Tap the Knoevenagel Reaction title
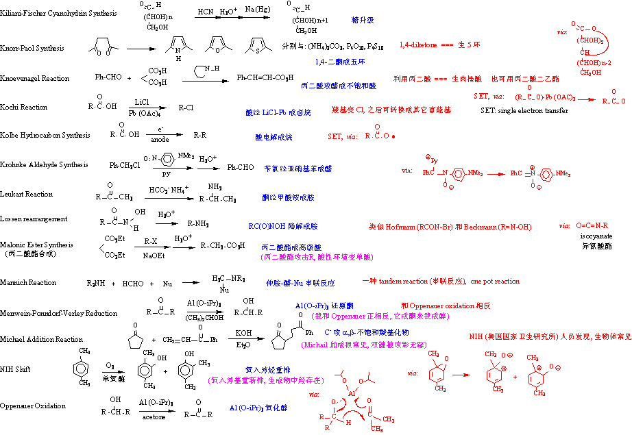pos(35,78)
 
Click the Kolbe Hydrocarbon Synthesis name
pos(45,135)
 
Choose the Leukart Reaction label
pos(27,194)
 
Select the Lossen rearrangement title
pos(34,219)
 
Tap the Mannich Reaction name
pos(28,282)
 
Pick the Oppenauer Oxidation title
pos(34,406)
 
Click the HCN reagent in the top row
pos(205,12)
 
